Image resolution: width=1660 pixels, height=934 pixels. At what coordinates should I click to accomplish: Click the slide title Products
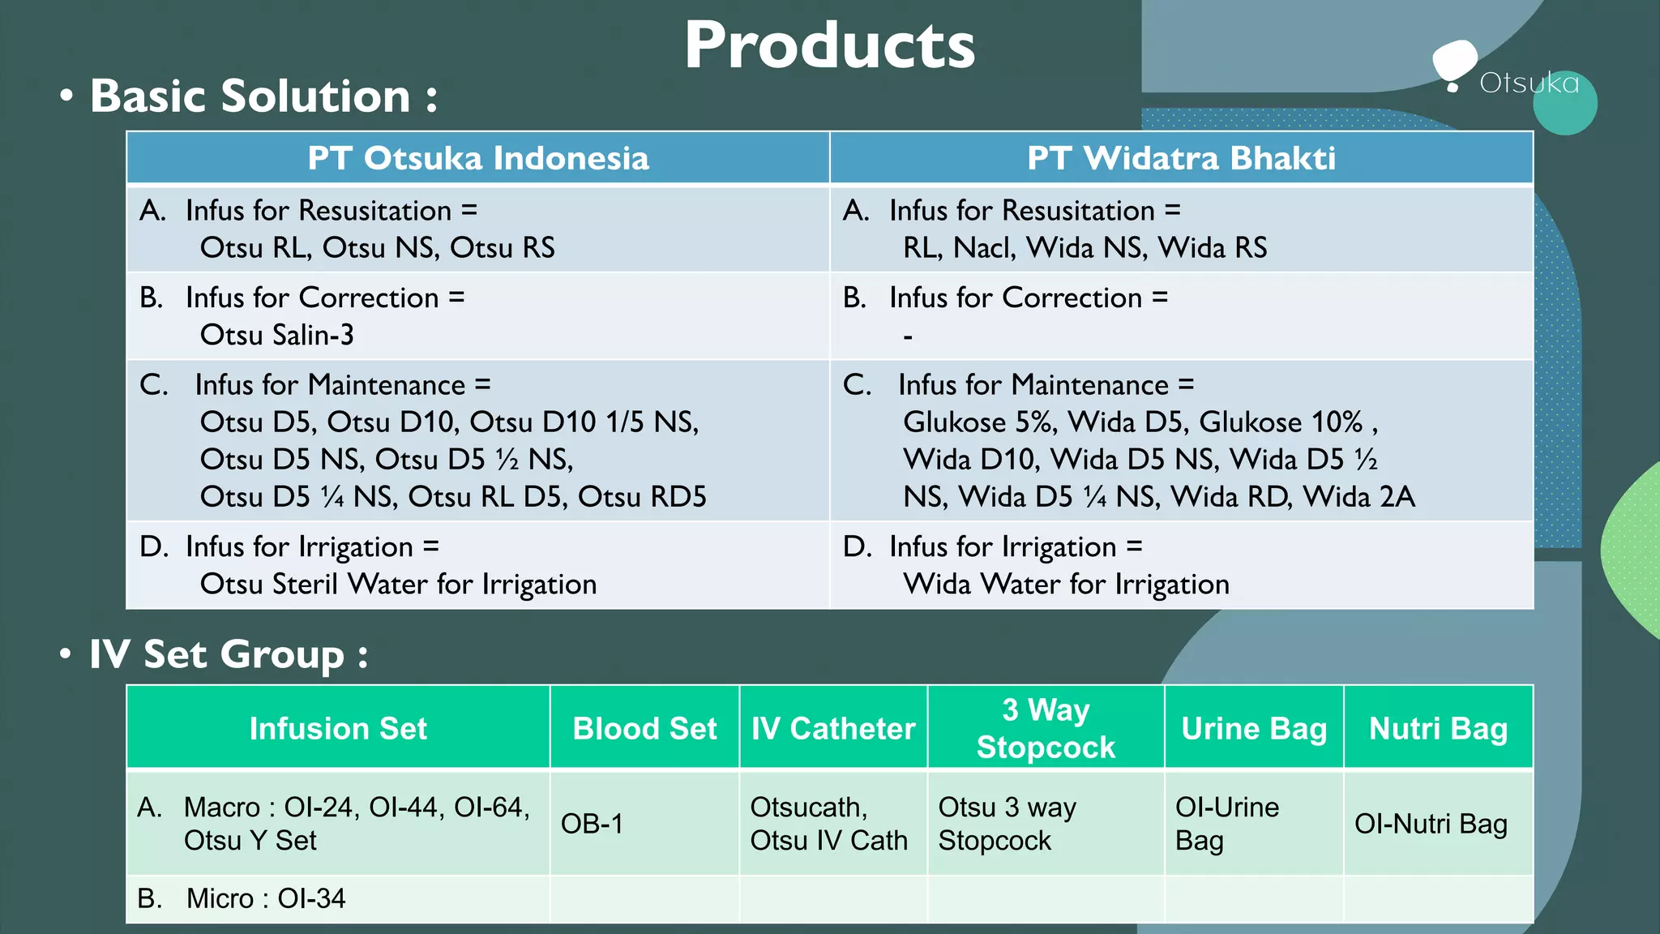point(829,46)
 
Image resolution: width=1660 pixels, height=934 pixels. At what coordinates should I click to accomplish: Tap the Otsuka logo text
point(1529,83)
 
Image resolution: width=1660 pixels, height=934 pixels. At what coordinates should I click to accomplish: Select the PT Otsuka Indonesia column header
point(478,158)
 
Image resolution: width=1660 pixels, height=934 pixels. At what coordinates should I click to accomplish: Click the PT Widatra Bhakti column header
point(1181,158)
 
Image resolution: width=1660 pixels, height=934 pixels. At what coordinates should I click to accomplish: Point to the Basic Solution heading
point(263,96)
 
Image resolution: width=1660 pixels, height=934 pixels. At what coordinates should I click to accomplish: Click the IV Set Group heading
point(228,654)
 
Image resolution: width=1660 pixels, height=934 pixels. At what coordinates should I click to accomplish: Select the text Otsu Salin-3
point(276,335)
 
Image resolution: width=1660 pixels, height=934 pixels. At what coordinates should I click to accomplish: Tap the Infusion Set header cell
point(338,728)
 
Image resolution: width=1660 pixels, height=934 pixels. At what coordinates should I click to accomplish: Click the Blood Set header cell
point(644,728)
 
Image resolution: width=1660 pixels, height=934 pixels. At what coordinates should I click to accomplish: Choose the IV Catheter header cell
point(833,728)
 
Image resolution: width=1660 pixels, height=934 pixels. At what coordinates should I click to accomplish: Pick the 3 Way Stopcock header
point(1046,728)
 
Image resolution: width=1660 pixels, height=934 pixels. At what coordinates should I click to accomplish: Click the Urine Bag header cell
point(1254,728)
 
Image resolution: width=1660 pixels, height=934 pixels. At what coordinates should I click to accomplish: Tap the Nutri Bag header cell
point(1438,728)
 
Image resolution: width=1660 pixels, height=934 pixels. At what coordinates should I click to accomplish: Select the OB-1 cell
point(592,824)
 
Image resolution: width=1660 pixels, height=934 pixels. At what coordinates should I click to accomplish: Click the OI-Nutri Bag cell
point(1431,824)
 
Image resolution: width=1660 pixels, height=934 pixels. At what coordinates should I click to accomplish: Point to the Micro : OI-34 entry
point(265,898)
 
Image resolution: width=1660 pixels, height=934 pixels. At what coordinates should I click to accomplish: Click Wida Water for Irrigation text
point(1066,584)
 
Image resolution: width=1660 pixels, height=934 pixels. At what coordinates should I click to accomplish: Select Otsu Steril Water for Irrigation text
point(398,584)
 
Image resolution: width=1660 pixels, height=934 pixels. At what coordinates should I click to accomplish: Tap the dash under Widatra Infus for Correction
point(908,336)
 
